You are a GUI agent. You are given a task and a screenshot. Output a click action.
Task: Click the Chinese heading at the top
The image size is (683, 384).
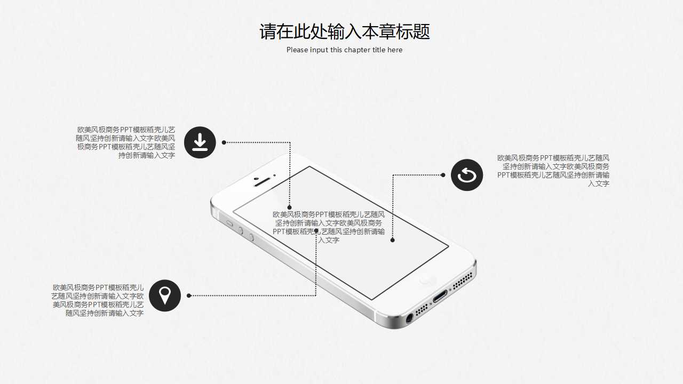click(344, 31)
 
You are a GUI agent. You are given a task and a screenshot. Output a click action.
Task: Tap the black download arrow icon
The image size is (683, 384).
click(200, 142)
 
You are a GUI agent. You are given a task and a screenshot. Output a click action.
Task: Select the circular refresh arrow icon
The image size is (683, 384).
click(467, 175)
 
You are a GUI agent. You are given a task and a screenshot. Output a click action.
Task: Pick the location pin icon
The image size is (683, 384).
click(165, 295)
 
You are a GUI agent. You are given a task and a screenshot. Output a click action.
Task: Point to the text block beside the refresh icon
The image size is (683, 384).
click(553, 171)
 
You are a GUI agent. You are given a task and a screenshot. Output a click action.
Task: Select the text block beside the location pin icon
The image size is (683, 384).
click(98, 300)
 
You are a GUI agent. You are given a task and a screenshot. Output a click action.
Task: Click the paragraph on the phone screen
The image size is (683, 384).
click(329, 227)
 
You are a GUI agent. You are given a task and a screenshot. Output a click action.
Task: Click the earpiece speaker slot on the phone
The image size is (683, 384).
click(263, 181)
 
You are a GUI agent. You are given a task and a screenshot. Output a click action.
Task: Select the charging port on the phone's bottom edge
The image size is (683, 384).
click(440, 296)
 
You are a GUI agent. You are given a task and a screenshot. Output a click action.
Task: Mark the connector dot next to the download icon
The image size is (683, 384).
click(224, 142)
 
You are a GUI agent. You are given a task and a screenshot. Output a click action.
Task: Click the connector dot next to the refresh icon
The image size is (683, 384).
click(443, 175)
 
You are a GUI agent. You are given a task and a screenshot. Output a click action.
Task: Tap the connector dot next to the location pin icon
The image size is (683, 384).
click(189, 295)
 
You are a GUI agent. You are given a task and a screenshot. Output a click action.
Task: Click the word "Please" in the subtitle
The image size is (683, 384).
click(297, 50)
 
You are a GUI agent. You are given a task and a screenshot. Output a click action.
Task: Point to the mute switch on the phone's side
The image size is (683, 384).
click(230, 223)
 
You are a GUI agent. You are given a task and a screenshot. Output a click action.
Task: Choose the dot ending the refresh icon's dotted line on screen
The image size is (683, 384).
click(393, 240)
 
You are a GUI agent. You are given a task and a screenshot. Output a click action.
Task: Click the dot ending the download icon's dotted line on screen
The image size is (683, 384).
click(290, 207)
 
